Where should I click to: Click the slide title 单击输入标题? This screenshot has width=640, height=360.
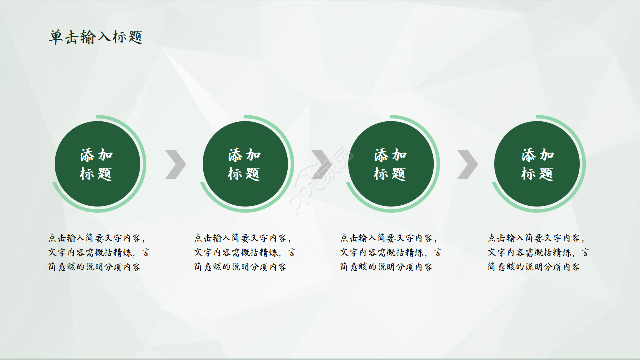pyautogui.click(x=96, y=37)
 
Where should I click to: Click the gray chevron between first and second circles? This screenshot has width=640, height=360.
pyautogui.click(x=176, y=164)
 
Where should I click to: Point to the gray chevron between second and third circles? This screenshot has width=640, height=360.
pyautogui.click(x=322, y=164)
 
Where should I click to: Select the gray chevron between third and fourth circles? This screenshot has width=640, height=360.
pyautogui.click(x=468, y=164)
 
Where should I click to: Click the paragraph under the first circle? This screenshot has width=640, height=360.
pyautogui.click(x=98, y=252)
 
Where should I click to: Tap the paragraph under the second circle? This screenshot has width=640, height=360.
pyautogui.click(x=244, y=252)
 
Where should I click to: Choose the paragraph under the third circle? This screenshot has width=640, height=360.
pyautogui.click(x=391, y=252)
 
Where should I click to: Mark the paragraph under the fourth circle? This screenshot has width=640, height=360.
pyautogui.click(x=538, y=252)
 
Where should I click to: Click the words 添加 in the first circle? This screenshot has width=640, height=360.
pyautogui.click(x=97, y=155)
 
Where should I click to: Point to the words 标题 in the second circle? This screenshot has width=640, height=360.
pyautogui.click(x=244, y=174)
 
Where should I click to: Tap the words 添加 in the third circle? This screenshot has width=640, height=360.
pyautogui.click(x=391, y=155)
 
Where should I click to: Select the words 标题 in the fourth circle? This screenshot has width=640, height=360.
pyautogui.click(x=538, y=174)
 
